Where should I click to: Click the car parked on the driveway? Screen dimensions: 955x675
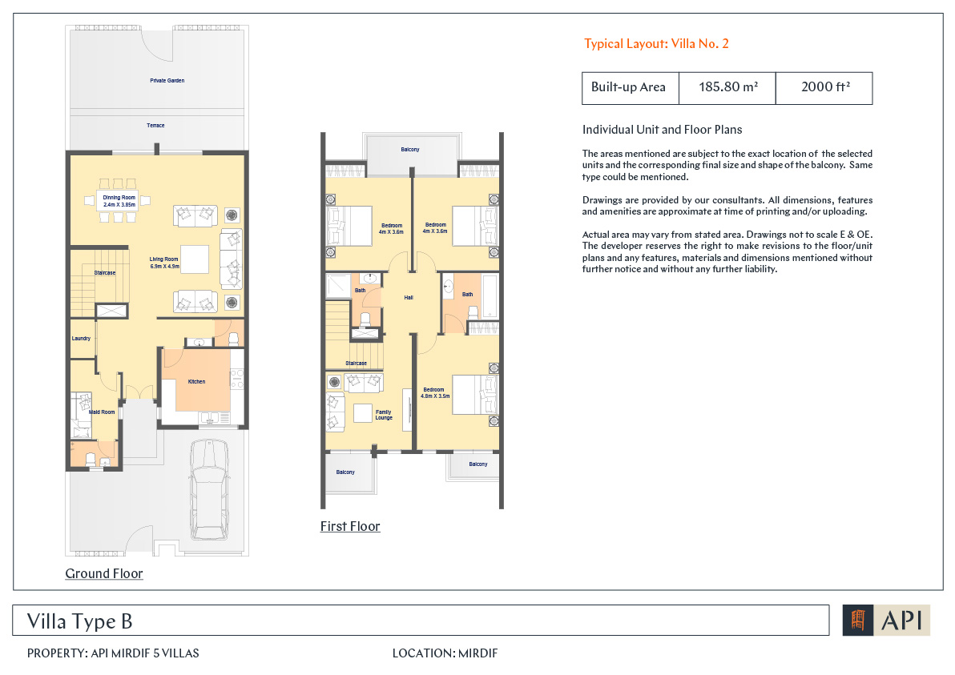click(x=210, y=490)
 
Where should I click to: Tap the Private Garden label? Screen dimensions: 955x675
click(x=167, y=80)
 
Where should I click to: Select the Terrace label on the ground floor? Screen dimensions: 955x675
click(x=155, y=126)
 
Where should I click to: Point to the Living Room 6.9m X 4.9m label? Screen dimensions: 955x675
click(x=164, y=263)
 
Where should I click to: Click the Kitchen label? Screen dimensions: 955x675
click(x=196, y=382)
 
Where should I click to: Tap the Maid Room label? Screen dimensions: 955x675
click(x=102, y=412)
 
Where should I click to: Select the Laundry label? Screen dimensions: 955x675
click(x=81, y=339)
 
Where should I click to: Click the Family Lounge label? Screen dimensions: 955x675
click(x=384, y=415)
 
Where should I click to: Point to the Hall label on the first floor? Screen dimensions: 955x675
click(x=409, y=298)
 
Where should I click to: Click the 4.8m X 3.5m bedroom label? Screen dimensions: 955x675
click(x=436, y=392)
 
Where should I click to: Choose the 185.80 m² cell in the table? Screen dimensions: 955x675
click(x=727, y=87)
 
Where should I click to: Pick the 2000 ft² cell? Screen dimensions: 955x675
click(x=824, y=87)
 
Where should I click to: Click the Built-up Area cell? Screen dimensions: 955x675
click(x=631, y=87)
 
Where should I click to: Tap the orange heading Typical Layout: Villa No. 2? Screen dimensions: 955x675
click(x=656, y=44)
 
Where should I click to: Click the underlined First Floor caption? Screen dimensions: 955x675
click(x=350, y=527)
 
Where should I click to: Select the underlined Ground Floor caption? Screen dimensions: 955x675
click(x=104, y=573)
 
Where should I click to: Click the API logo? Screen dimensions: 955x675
click(x=886, y=621)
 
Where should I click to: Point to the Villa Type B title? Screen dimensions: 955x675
click(x=80, y=621)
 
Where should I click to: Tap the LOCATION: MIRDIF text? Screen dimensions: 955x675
click(x=445, y=653)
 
